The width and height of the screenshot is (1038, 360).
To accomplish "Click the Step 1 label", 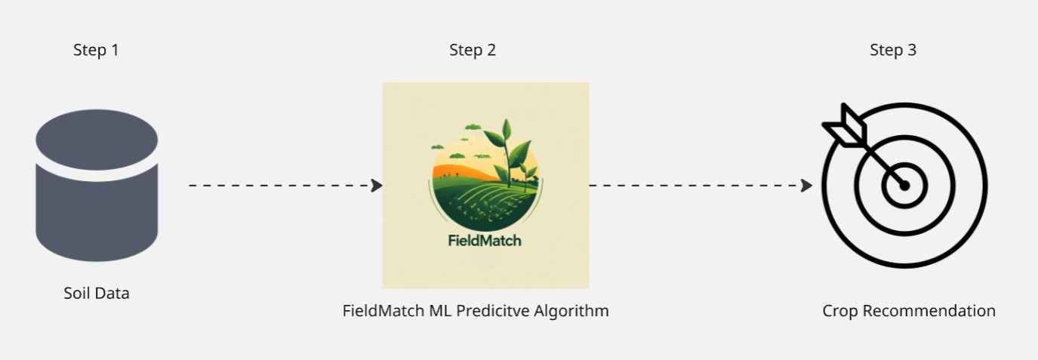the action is [96, 50].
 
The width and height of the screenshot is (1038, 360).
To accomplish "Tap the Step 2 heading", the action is [473, 50].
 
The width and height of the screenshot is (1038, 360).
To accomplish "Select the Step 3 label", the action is [893, 50].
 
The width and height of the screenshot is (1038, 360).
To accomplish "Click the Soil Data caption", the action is [97, 294].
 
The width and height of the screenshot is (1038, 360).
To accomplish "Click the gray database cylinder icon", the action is [97, 186].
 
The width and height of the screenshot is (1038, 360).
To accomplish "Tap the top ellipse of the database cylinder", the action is [97, 140].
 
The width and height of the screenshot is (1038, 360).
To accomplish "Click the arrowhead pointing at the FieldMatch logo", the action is [377, 186].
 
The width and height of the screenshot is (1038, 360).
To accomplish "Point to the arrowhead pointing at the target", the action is [806, 186].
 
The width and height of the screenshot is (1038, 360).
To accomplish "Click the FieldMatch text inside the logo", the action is [485, 241].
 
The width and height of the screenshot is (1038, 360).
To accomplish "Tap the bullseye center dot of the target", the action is [904, 186].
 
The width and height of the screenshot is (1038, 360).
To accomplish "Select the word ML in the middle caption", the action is [440, 310].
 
